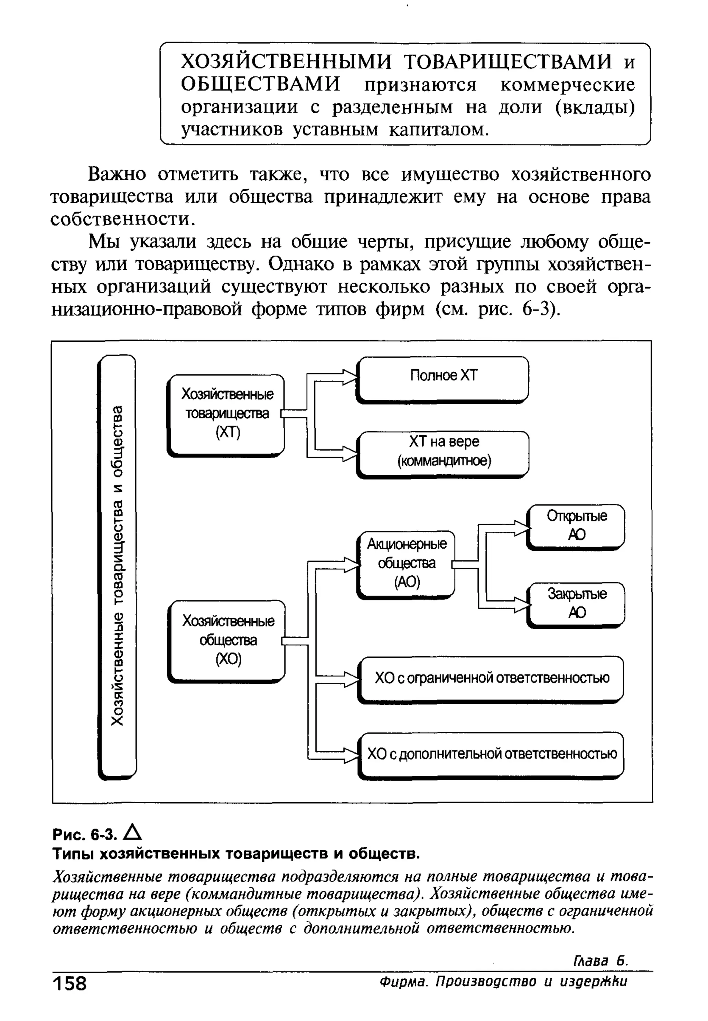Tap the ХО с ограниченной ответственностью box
[x=491, y=678]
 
